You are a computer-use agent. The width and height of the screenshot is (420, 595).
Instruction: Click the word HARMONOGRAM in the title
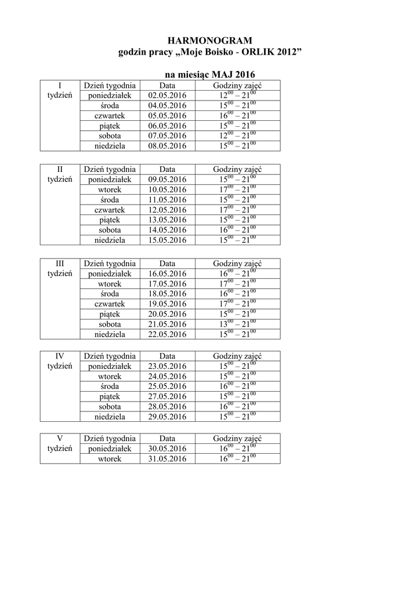coord(210,40)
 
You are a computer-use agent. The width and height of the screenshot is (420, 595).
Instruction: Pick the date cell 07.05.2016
coord(167,136)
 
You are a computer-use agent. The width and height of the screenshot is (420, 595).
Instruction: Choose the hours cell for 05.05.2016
coord(238,116)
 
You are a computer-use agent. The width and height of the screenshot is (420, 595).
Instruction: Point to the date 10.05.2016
coord(167,189)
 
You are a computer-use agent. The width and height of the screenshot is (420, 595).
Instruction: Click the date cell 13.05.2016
coord(167,220)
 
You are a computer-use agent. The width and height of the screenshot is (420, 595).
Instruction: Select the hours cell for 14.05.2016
coord(238,230)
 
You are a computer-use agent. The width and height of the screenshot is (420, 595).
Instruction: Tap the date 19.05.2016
coord(167,304)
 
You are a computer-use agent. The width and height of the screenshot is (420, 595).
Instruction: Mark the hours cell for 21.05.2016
coord(238,324)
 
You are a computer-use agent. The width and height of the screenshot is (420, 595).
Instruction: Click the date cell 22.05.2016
coord(167,334)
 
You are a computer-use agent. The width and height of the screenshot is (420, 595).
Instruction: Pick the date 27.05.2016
coord(167,396)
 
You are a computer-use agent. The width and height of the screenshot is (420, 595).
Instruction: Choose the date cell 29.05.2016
coord(167,417)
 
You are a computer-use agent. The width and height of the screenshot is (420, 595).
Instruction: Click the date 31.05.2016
coord(167,459)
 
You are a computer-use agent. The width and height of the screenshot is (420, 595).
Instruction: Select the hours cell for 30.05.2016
coord(238,449)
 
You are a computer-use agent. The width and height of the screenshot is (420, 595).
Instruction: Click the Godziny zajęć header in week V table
coord(238,438)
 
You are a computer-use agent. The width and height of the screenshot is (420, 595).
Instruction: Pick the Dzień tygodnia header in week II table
coord(110,169)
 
